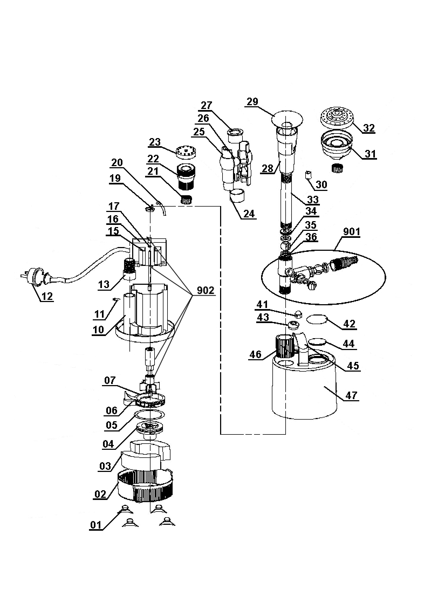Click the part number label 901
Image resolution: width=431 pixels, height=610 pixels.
[352, 232]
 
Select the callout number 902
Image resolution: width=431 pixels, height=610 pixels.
[206, 290]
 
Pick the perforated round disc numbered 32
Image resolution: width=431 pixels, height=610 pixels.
[337, 118]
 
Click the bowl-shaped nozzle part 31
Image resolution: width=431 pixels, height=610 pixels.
[337, 145]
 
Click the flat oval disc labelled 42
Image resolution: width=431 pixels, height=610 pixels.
[317, 319]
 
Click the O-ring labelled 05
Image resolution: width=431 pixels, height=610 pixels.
[150, 415]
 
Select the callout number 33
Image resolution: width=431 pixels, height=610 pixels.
[313, 200]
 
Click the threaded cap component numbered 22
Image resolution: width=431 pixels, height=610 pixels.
[186, 176]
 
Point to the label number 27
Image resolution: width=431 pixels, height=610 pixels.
[207, 105]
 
